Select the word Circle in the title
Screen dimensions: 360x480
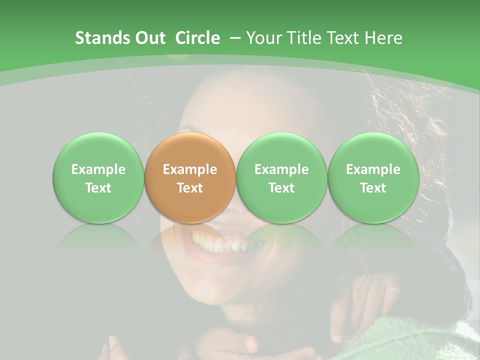(x=197, y=38)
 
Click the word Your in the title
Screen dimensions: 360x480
(x=262, y=38)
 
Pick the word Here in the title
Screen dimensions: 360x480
(x=382, y=38)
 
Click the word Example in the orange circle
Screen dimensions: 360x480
(x=190, y=169)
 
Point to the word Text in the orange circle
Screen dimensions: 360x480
(x=190, y=188)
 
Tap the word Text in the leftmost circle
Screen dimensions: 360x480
(x=98, y=188)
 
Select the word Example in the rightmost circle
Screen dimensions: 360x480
(x=373, y=169)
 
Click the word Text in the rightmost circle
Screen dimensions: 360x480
(x=373, y=188)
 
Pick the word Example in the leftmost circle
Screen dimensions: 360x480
(x=98, y=169)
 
